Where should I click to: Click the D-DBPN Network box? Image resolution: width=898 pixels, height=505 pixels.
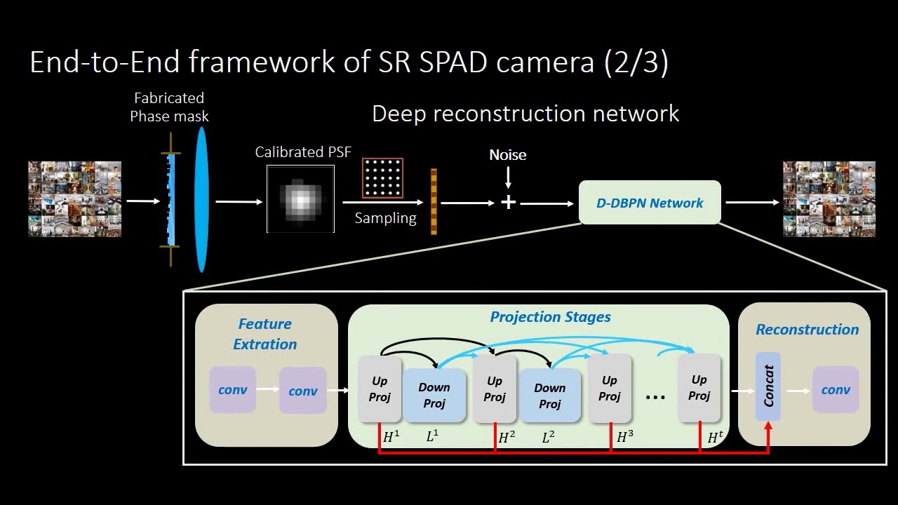[x=650, y=203]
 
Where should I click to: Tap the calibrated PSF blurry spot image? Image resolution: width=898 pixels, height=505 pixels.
[x=300, y=198]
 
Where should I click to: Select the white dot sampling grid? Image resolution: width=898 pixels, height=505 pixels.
[x=382, y=178]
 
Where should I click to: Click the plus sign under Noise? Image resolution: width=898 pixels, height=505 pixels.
[x=508, y=203]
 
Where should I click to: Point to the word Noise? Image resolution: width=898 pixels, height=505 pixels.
[x=507, y=155]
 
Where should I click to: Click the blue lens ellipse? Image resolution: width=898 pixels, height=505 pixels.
[x=201, y=200]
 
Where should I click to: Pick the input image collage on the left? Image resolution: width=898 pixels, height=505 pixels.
[x=74, y=199]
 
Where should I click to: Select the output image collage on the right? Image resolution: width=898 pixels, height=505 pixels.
[x=829, y=199]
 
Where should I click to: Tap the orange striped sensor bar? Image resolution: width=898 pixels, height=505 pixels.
[x=434, y=201]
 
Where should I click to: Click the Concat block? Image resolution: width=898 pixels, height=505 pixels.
[x=768, y=386]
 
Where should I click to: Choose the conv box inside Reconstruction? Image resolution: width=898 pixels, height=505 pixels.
[x=836, y=390]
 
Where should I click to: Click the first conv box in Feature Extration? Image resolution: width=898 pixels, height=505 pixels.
[x=232, y=389]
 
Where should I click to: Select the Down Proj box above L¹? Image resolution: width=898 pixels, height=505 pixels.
[x=434, y=395]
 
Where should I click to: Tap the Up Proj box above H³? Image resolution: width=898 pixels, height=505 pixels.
[x=610, y=389]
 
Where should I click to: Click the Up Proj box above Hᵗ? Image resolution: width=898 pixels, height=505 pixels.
[x=699, y=388]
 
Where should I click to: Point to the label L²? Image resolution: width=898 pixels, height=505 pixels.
[x=549, y=437]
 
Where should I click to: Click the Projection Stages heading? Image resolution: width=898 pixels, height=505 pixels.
[x=550, y=317]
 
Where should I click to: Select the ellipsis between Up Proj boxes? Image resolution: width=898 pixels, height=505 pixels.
[x=655, y=398]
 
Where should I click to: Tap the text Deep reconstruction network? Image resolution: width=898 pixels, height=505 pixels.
[x=525, y=114]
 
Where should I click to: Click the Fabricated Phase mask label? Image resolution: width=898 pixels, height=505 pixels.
[x=169, y=107]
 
